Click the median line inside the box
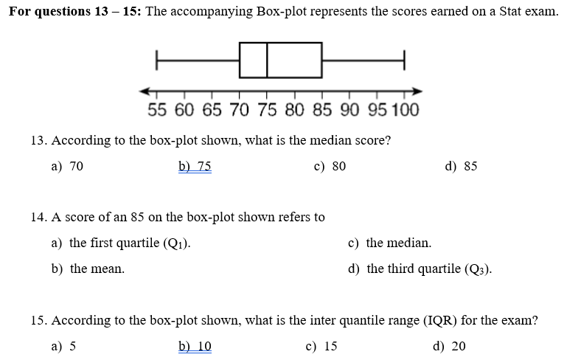(x=267, y=60)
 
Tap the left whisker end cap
(x=156, y=60)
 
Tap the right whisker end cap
(x=404, y=60)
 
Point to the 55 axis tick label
(x=156, y=111)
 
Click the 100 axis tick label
(x=404, y=111)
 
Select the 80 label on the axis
(x=293, y=111)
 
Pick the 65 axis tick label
(x=212, y=111)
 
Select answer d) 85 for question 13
(x=461, y=166)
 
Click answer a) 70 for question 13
(x=67, y=166)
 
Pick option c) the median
(x=389, y=243)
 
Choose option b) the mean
(x=88, y=269)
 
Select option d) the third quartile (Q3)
(x=420, y=269)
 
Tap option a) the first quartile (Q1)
(x=122, y=243)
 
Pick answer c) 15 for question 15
(x=321, y=346)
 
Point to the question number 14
(x=40, y=217)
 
